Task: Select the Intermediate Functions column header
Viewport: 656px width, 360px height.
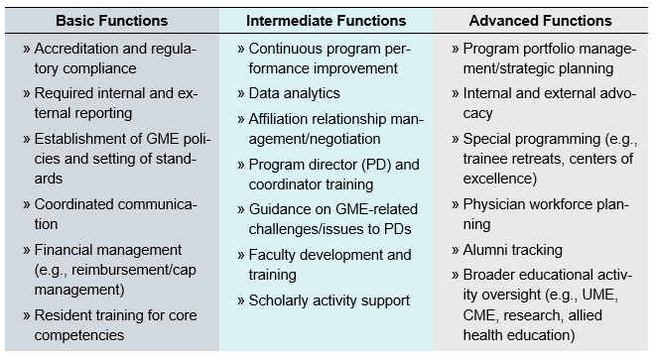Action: (326, 20)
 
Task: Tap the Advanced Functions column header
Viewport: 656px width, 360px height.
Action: (541, 20)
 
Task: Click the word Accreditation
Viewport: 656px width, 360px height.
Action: (80, 48)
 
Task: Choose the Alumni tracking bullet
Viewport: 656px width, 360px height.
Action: (512, 250)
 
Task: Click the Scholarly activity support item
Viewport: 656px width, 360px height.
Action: (328, 300)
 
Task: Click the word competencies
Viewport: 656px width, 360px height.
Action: (80, 335)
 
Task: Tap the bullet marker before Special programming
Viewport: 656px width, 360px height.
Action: (455, 139)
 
